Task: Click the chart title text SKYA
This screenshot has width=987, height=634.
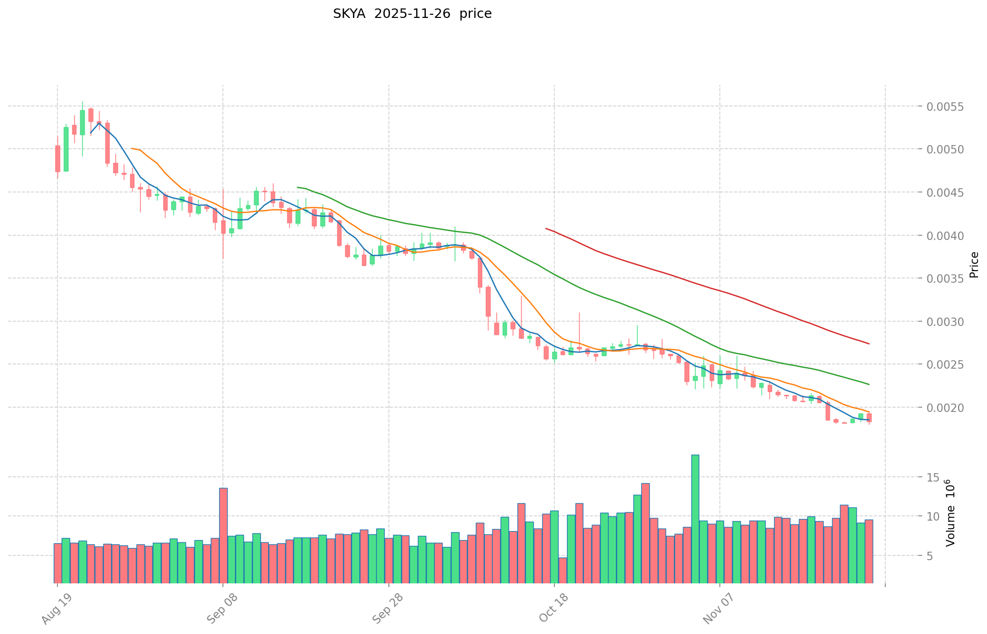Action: (349, 14)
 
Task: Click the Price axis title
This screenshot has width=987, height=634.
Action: (974, 265)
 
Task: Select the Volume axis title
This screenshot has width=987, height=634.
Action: (951, 513)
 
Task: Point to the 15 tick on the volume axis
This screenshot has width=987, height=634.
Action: (933, 477)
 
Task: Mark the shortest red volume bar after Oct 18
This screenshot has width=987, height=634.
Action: (563, 570)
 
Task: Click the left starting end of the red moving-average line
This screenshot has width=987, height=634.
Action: (546, 228)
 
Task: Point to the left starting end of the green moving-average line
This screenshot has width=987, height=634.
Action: (298, 187)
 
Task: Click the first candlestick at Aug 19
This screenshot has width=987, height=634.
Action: (57, 158)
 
